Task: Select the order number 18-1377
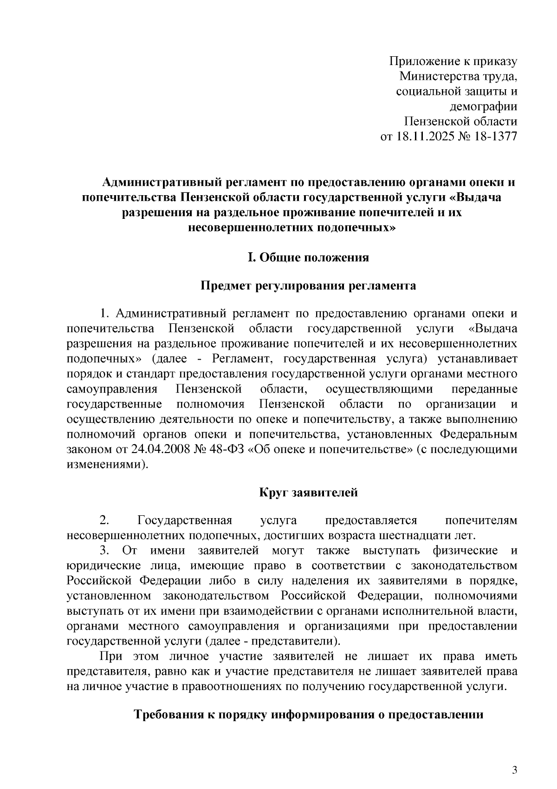(x=496, y=137)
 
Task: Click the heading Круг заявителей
(x=308, y=493)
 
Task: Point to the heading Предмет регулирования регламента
(x=308, y=286)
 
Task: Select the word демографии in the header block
(x=483, y=106)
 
